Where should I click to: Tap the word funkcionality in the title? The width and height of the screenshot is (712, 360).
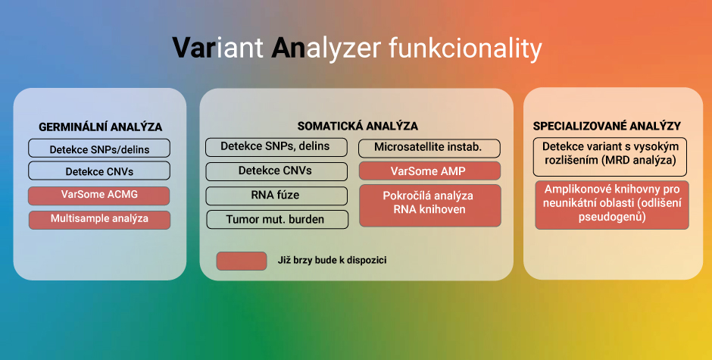(466, 47)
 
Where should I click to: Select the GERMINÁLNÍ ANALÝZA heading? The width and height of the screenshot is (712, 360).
(100, 127)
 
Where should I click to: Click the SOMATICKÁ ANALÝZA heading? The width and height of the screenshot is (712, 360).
(358, 126)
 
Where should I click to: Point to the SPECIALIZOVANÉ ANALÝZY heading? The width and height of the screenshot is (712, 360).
(607, 126)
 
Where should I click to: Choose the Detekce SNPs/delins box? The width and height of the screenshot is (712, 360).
(99, 149)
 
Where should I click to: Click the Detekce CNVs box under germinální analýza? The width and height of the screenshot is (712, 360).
(99, 171)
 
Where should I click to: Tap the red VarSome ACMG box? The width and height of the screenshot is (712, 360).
(99, 196)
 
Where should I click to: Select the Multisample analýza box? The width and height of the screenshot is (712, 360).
(99, 220)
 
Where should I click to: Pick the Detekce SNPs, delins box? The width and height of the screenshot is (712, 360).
(276, 147)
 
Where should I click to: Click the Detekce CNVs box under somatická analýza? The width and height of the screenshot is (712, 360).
(276, 171)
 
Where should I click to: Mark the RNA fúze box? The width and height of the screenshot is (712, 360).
(276, 196)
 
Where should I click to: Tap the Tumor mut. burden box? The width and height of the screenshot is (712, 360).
(277, 219)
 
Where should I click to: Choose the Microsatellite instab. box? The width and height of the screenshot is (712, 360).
(429, 149)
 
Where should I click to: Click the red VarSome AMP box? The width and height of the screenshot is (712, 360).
(429, 171)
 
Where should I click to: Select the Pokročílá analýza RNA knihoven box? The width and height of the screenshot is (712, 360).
(430, 205)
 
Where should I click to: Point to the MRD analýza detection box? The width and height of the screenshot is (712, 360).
(610, 158)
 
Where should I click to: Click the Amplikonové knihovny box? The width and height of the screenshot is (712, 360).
(612, 205)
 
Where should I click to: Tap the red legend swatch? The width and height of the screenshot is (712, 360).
(242, 261)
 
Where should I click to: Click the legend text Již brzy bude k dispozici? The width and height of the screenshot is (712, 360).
(332, 261)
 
